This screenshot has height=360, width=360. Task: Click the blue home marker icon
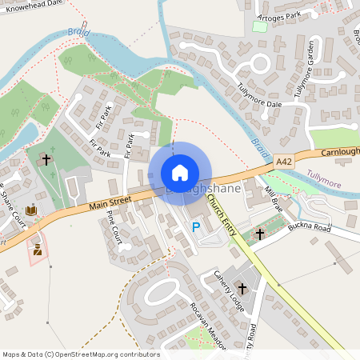point(180,173)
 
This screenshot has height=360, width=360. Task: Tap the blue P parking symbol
point(196,227)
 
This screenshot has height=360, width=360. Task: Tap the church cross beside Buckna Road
point(259,234)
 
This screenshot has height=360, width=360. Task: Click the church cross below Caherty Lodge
point(242,288)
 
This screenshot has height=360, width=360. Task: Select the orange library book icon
point(32,210)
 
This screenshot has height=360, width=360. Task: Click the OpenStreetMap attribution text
point(81,354)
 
